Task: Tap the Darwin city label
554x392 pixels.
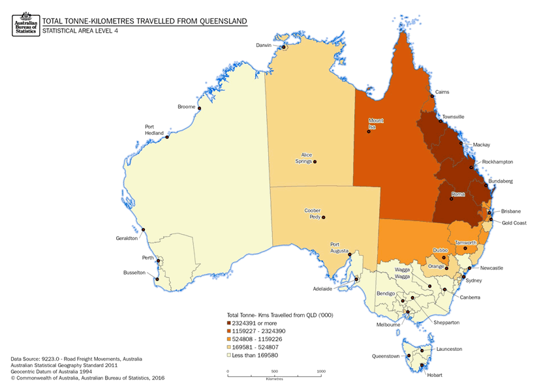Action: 263,45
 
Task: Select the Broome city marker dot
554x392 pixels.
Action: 199,108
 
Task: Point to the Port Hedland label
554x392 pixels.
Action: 153,130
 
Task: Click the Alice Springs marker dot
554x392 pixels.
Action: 315,162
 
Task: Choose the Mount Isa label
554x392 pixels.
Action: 376,123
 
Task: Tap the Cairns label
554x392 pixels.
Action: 442,92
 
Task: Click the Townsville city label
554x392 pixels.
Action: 454,117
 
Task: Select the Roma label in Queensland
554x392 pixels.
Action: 457,194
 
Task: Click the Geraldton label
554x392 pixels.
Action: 127,239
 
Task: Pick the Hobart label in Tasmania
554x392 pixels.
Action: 434,375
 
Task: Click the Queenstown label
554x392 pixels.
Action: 386,357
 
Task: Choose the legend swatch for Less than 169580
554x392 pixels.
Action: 229,357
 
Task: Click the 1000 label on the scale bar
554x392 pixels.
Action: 321,371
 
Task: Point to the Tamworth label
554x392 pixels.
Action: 467,243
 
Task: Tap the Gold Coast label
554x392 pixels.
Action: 514,222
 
